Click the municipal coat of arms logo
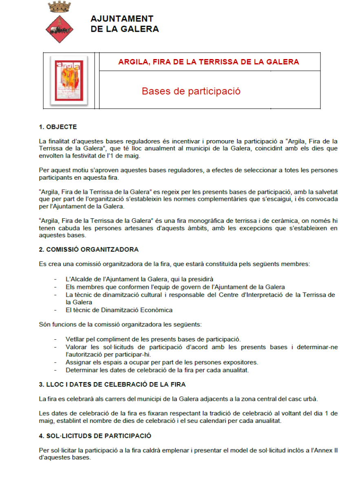tap(60, 22)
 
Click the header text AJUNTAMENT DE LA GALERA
tap(124, 24)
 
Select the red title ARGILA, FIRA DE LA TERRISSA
tap(208, 62)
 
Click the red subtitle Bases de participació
tap(191, 91)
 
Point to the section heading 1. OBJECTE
tap(58, 127)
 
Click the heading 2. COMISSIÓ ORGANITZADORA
tap(88, 249)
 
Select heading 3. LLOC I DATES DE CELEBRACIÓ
tap(112, 385)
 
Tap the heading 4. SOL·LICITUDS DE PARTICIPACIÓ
tap(95, 436)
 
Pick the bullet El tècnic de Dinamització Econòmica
tap(119, 310)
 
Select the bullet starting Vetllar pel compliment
tap(153, 339)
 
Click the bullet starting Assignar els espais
tap(161, 363)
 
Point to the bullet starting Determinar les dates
tap(157, 370)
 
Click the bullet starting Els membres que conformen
tap(175, 287)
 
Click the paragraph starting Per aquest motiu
tap(188, 173)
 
